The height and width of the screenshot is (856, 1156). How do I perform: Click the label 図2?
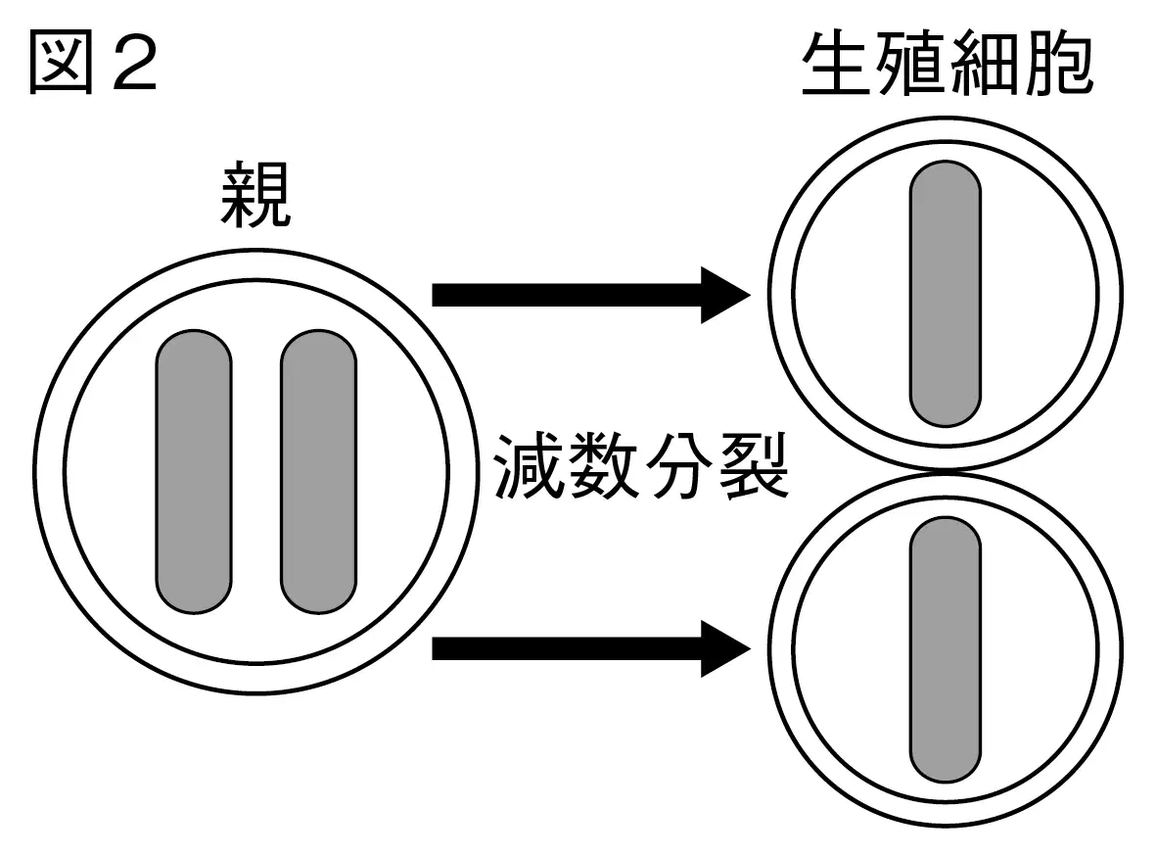(x=94, y=65)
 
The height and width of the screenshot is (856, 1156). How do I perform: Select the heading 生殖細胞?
(x=948, y=65)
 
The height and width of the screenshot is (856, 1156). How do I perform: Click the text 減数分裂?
(x=641, y=466)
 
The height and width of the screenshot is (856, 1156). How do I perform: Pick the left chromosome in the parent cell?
(x=194, y=471)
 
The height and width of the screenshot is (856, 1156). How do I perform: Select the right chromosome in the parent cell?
(x=318, y=471)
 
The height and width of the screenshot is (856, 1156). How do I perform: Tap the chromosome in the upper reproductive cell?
(x=946, y=294)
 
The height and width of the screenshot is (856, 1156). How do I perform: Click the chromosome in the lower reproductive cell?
(x=946, y=649)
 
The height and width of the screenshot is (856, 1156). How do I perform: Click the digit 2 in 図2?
(x=136, y=65)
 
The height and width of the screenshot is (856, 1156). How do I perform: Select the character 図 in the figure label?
(x=62, y=65)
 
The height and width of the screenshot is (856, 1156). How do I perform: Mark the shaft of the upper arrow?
(x=567, y=295)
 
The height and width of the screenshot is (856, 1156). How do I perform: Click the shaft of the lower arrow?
(x=567, y=648)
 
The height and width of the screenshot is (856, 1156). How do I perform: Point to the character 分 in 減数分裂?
(x=678, y=466)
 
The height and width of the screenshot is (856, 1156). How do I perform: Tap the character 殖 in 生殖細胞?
(x=909, y=65)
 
